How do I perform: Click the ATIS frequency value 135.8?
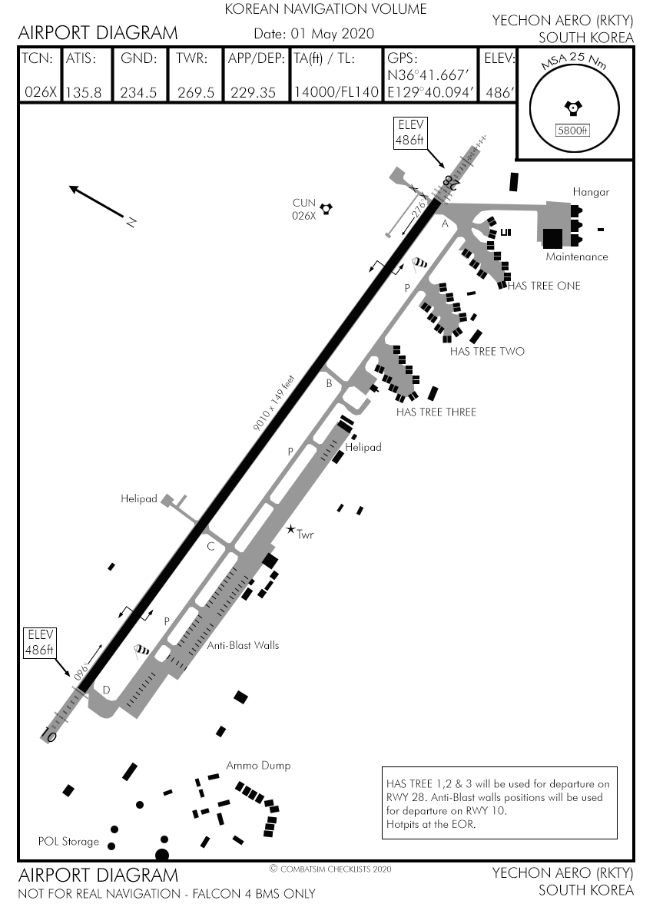tap(83, 92)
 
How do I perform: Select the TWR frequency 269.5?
tap(195, 92)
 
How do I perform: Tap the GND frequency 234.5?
tap(138, 92)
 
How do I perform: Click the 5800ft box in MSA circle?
tap(572, 130)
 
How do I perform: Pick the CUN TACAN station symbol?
tap(326, 207)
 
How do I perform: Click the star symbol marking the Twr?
tap(290, 529)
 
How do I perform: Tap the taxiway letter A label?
tap(444, 224)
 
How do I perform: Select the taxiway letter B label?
tap(329, 383)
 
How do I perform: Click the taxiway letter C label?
tap(210, 547)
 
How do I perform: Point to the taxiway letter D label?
tap(106, 690)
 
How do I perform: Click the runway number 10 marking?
tap(50, 735)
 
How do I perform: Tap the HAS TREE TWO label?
tap(487, 352)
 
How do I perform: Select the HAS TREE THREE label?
tap(436, 412)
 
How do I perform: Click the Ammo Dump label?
tap(258, 766)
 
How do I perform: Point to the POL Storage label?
tap(68, 841)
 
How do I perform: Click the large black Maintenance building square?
tap(552, 238)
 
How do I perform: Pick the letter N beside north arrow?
tap(131, 222)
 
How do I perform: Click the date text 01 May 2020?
tap(330, 34)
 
